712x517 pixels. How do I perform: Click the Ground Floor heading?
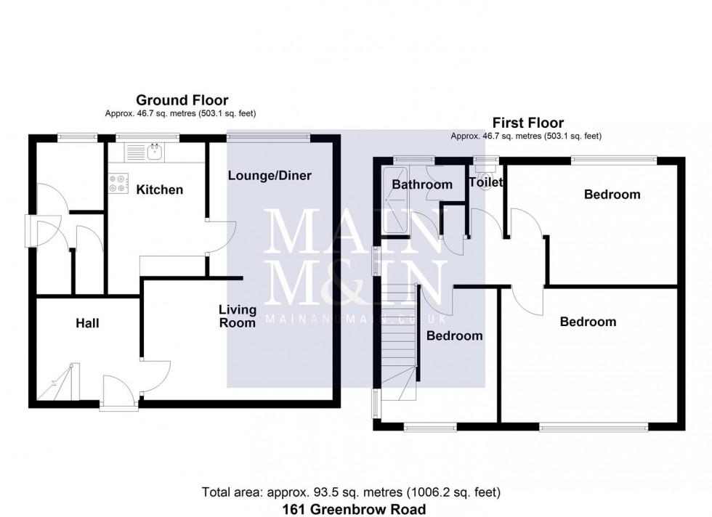(182, 100)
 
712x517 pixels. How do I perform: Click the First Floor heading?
(527, 123)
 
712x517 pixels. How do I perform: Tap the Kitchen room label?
(159, 190)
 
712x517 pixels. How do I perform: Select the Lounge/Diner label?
(270, 176)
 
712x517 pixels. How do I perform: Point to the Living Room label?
(238, 316)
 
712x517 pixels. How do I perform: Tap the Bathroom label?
(422, 184)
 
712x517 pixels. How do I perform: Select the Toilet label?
(485, 183)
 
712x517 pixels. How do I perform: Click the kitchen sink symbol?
(153, 152)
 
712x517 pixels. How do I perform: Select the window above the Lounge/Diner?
(269, 136)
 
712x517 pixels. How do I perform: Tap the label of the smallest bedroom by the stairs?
(454, 335)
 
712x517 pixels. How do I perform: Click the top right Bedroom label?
(612, 194)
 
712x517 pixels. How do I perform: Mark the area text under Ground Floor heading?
(181, 113)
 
